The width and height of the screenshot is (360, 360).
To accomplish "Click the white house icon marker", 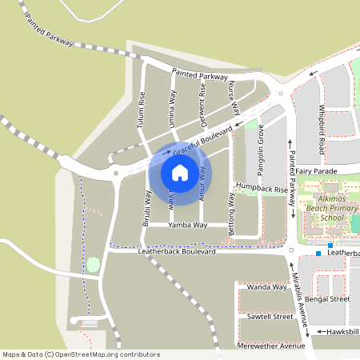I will [179, 172].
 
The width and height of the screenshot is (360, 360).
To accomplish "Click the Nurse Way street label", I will [234, 98].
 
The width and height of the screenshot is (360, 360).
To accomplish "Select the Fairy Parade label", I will [317, 171].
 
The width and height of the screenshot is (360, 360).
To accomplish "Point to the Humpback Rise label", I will [260, 190].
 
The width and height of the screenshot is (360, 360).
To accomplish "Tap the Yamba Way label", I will [187, 226].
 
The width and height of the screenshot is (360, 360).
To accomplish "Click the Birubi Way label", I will [147, 209].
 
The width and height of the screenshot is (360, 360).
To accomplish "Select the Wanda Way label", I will [266, 286].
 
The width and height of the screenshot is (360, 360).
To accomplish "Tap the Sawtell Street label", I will [270, 317].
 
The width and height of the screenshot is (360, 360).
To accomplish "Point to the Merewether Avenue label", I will [272, 346].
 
